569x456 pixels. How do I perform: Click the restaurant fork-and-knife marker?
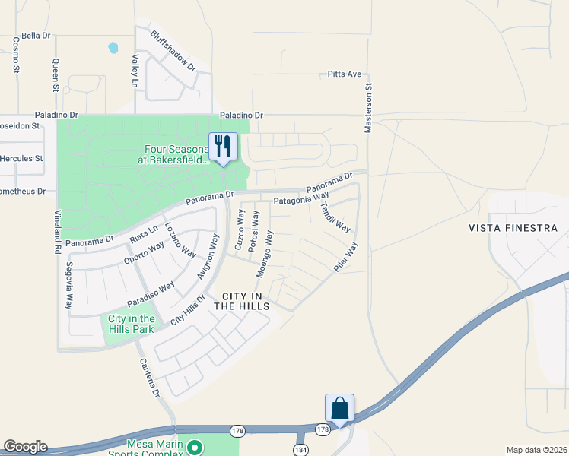(x=223, y=146)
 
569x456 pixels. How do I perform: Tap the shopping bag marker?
(x=339, y=408)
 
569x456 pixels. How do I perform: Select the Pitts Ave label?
(x=345, y=74)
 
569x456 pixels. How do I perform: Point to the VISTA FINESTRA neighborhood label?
(x=513, y=228)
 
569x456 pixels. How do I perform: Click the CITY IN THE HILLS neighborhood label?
(x=241, y=301)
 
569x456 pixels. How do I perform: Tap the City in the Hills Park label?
(x=132, y=324)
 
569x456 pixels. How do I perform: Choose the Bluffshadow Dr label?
(x=173, y=51)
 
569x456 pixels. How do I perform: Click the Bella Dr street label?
(x=36, y=36)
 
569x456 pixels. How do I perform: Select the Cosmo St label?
(x=16, y=57)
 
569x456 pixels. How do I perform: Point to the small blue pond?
(x=113, y=48)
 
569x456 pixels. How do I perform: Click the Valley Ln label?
(x=135, y=70)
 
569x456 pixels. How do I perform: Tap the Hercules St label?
(x=21, y=159)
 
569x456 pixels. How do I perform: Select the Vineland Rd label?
(x=56, y=235)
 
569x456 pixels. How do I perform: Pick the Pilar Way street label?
(x=345, y=258)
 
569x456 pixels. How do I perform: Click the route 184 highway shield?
(x=300, y=450)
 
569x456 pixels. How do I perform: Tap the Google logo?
(x=25, y=447)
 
